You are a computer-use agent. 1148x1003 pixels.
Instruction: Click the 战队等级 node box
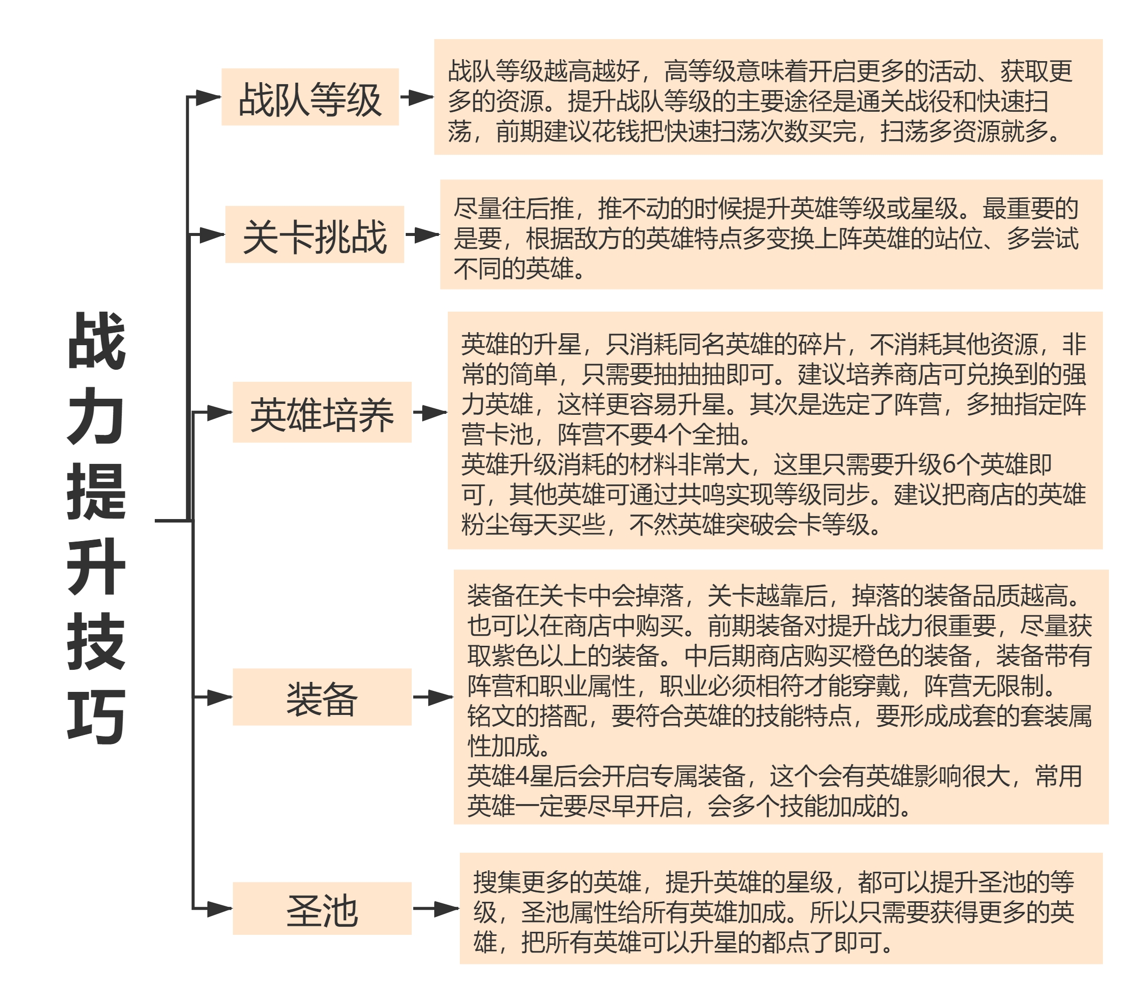click(x=310, y=97)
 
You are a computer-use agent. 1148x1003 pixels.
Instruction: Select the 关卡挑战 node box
click(x=315, y=234)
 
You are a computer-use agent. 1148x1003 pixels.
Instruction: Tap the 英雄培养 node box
click(x=322, y=412)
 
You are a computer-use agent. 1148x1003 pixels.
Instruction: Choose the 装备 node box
click(x=322, y=697)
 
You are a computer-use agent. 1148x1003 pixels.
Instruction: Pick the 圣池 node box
click(x=322, y=908)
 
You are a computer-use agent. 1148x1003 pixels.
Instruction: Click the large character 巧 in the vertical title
click(x=96, y=717)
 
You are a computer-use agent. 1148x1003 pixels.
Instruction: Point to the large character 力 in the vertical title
click(x=96, y=416)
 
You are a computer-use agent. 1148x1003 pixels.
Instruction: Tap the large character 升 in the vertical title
click(x=96, y=567)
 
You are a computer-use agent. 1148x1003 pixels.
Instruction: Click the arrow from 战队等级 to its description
click(x=417, y=97)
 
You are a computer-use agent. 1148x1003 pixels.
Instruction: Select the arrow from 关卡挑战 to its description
click(x=422, y=234)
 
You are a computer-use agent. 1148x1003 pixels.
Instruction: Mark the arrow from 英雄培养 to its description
click(x=430, y=412)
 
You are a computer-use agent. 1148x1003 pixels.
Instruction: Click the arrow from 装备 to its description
click(x=433, y=697)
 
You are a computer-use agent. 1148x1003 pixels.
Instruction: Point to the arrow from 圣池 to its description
click(x=436, y=908)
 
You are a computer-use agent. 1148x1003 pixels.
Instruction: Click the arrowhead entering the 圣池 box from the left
click(x=219, y=908)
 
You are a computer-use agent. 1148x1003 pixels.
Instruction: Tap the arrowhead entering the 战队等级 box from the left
click(x=208, y=97)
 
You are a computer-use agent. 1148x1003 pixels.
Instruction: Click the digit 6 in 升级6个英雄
click(x=949, y=464)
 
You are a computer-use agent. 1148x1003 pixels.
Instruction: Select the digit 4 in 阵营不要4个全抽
click(x=660, y=434)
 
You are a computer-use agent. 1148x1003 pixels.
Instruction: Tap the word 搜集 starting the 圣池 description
click(x=497, y=883)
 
